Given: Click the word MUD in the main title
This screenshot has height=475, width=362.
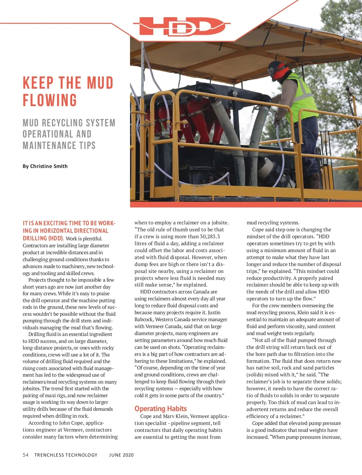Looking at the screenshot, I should pos(100,83).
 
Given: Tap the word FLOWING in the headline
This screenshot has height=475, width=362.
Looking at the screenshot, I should pos(50,100).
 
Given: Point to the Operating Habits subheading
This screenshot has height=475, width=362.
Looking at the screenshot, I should pos(160,409).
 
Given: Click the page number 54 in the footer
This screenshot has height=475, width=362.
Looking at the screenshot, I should pos(26,455).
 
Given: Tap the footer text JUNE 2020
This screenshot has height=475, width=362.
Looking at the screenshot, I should pos(121,455).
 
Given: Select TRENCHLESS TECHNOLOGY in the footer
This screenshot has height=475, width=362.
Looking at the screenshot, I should pos(66,455).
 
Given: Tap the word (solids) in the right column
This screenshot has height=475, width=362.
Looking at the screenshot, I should pos(256,375).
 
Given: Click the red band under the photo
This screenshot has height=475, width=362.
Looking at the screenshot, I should pos(246,204).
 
